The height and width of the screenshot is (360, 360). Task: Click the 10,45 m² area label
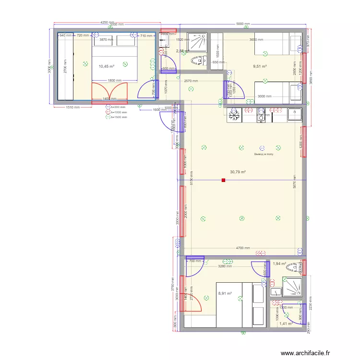[x=107, y=67]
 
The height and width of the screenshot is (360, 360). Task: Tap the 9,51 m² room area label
[x=260, y=67]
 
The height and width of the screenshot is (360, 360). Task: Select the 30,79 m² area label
[x=238, y=172]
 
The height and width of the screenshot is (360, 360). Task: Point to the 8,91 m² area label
[x=225, y=294]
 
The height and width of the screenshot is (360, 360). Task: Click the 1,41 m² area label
[x=286, y=324]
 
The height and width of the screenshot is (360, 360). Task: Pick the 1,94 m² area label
[x=279, y=264]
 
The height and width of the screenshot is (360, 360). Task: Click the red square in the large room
[x=223, y=180]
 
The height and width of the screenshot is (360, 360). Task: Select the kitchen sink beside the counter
[x=294, y=115]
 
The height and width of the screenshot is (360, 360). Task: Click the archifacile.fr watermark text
[x=306, y=353]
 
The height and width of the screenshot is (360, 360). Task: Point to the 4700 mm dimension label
[x=243, y=248]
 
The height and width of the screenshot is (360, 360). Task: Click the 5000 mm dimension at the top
[x=243, y=24]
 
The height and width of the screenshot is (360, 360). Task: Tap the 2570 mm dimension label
[x=191, y=81]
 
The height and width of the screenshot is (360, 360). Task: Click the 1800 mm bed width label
[x=114, y=81]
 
